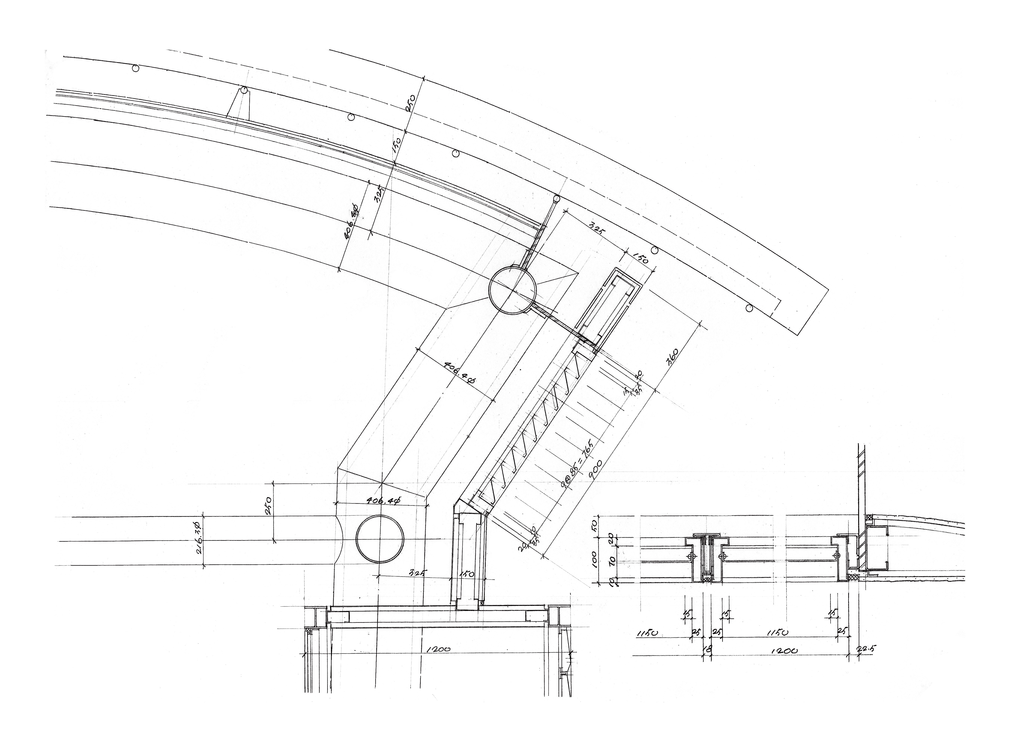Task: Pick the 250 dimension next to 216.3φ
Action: [x=267, y=507]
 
